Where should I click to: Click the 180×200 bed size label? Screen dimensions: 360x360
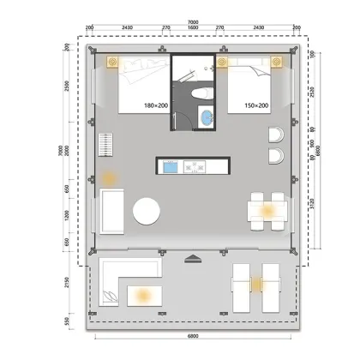(156, 105)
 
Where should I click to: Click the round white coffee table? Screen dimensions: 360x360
(147, 210)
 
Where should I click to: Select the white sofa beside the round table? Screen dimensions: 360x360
(113, 212)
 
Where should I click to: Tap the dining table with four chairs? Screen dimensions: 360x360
(267, 210)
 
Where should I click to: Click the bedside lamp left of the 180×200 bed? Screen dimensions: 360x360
(111, 63)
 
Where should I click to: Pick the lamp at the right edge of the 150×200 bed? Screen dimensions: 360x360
(275, 63)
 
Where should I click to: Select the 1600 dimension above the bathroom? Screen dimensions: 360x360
(192, 28)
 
